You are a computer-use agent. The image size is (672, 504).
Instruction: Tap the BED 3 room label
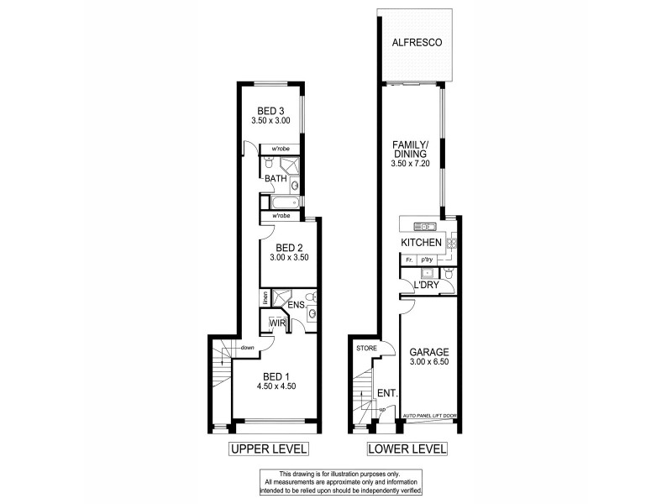270,111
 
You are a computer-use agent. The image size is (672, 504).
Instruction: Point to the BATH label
276,179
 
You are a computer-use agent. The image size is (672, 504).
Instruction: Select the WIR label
278,322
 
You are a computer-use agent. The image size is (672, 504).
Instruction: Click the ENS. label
296,305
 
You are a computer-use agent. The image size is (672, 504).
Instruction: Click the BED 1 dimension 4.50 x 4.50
276,386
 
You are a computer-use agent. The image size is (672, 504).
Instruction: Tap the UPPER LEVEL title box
269,449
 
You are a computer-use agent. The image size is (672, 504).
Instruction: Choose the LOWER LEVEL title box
407,449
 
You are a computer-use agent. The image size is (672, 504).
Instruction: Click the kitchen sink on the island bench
423,226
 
